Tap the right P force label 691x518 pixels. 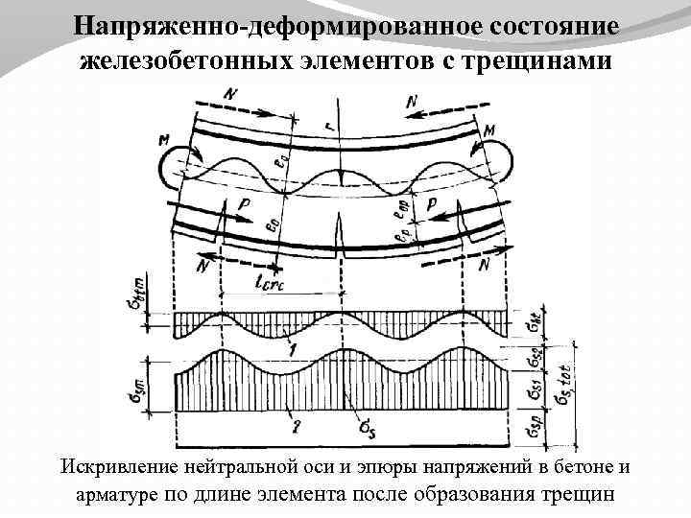[432, 205]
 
